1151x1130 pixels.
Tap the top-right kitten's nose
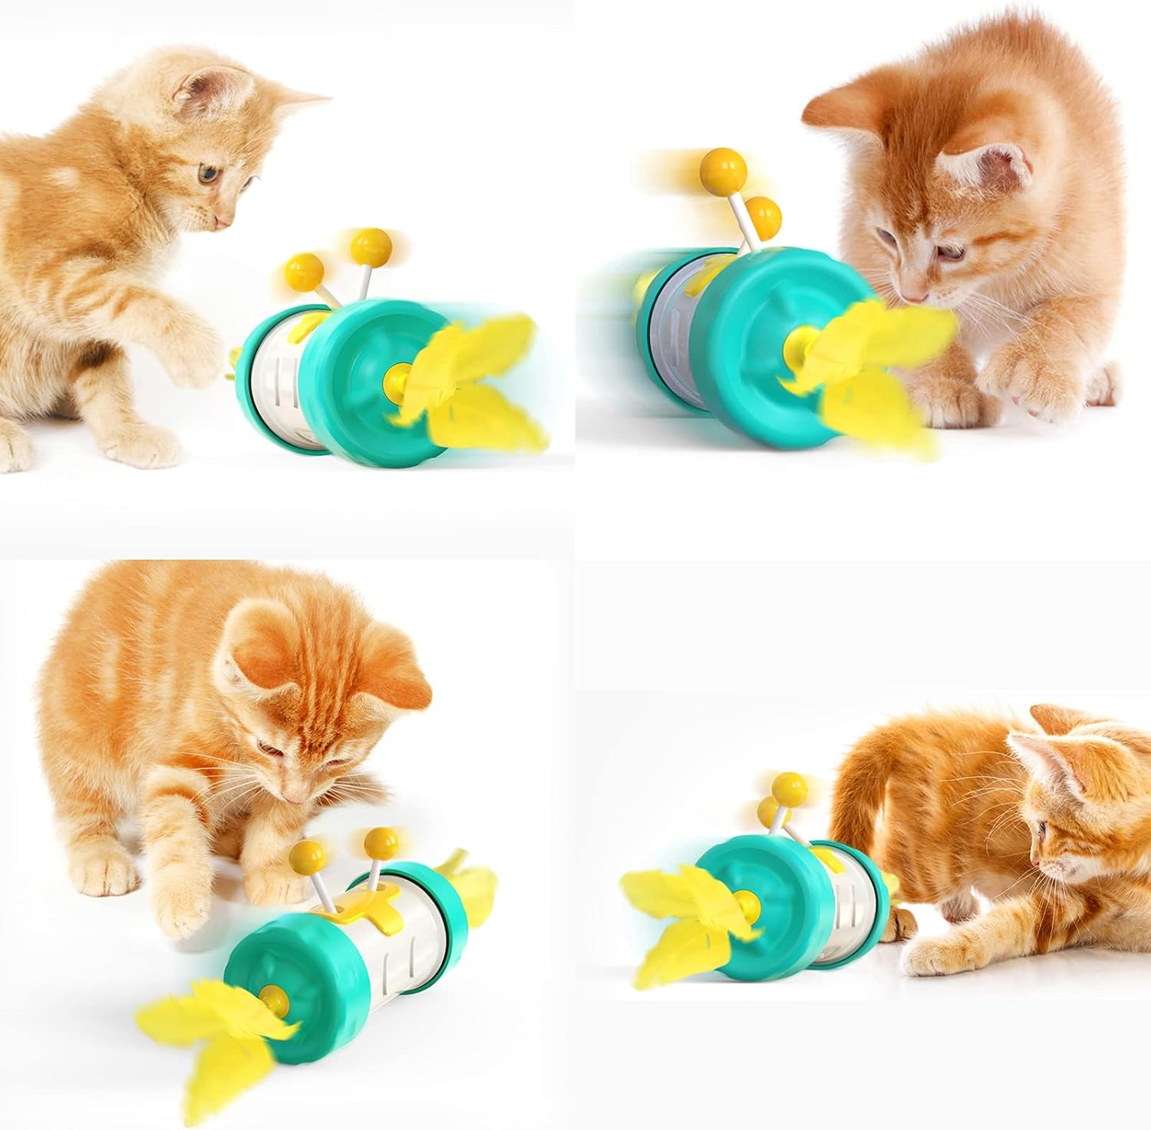tap(913, 296)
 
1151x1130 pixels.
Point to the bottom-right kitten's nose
tap(1036, 863)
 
